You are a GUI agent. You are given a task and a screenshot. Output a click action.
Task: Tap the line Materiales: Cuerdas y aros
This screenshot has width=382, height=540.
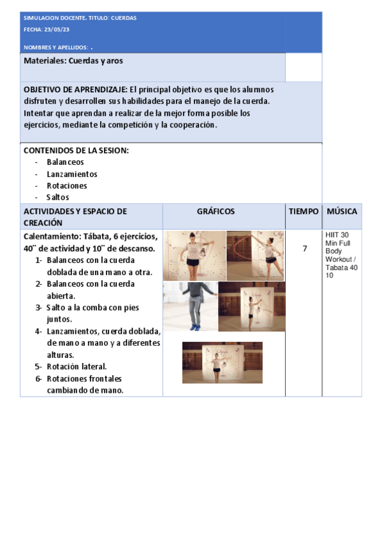[x=73, y=60]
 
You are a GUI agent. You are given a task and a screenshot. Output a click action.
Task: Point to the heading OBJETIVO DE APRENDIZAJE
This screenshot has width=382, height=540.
[x=75, y=90]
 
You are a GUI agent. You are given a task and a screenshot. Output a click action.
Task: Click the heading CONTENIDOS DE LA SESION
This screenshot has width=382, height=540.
[x=76, y=150]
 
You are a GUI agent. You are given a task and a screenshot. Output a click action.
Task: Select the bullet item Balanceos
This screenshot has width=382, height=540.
[x=65, y=162]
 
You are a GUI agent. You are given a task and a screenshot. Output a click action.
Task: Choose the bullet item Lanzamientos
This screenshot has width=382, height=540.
[x=71, y=174]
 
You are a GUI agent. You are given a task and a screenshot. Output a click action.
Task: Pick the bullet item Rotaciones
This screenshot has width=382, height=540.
[x=66, y=186]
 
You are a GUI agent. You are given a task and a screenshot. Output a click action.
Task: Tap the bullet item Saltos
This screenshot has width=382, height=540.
[x=57, y=197]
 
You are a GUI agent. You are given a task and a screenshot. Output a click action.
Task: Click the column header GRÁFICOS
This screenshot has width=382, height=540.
[x=216, y=211]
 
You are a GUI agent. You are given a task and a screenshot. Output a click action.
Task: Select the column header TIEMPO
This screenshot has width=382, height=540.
[x=304, y=211]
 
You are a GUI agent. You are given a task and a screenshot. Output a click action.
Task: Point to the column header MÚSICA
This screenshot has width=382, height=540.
[x=342, y=211]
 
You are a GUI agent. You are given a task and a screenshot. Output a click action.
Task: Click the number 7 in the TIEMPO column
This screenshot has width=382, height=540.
[x=304, y=248]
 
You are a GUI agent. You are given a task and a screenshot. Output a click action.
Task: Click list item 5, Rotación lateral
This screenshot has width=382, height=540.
[x=76, y=366]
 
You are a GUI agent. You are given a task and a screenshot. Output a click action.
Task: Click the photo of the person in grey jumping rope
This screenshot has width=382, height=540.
[x=189, y=306]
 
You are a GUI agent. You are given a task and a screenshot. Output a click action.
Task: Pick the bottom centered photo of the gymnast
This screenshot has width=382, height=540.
[x=222, y=362]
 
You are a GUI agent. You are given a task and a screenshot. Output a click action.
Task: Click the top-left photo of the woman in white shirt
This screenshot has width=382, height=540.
[x=194, y=255]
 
